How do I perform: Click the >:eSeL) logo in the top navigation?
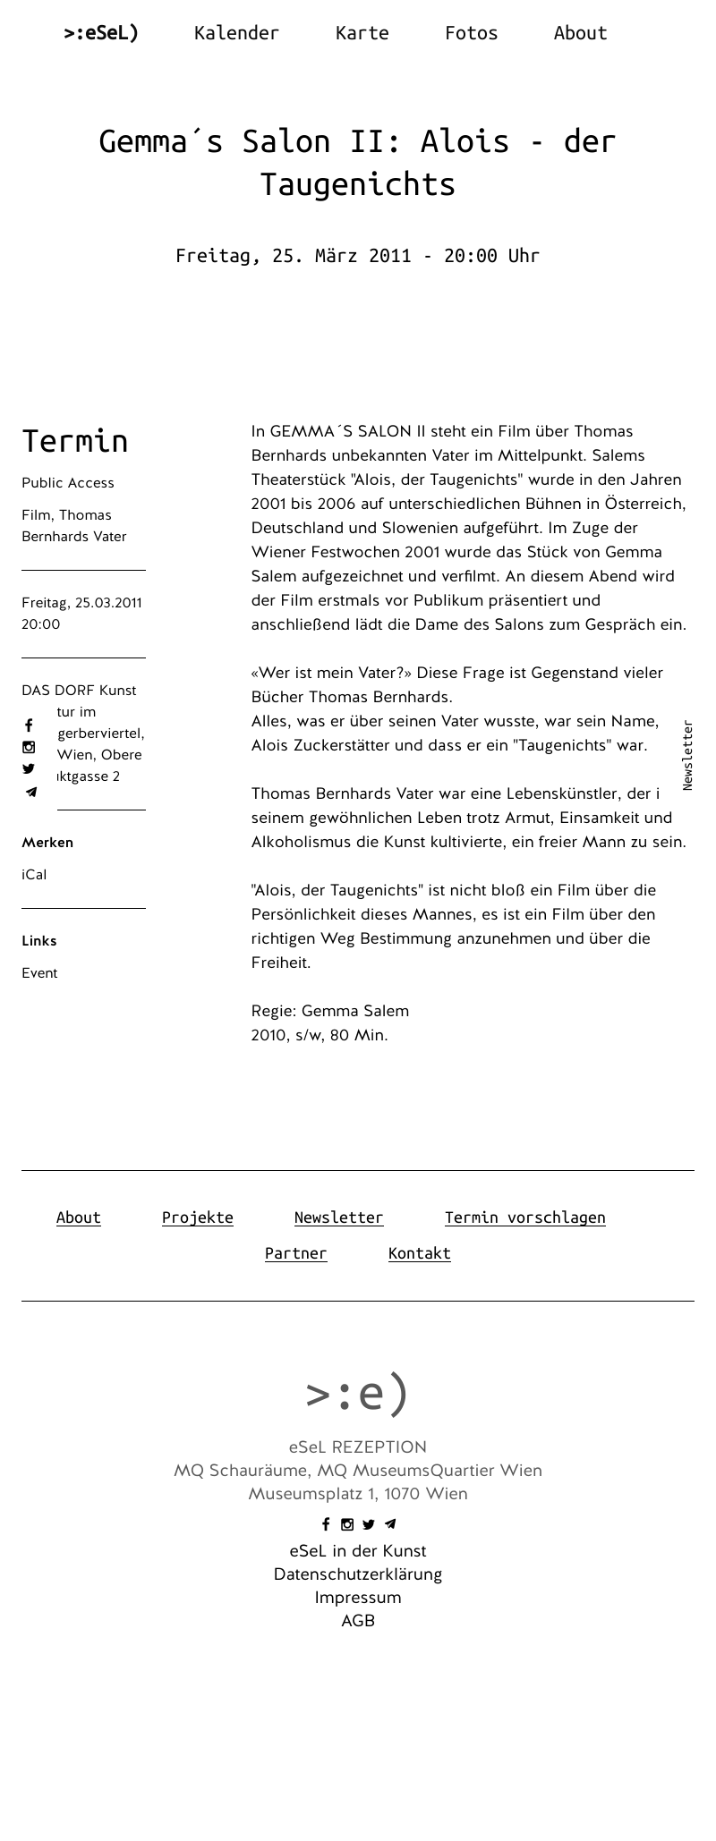(x=101, y=33)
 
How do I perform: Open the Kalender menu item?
(x=236, y=33)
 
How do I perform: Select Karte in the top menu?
(x=362, y=33)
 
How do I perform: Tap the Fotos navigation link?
(x=471, y=33)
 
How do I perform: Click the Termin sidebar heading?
(x=75, y=441)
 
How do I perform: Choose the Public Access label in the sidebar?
(x=68, y=483)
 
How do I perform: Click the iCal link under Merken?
(x=34, y=875)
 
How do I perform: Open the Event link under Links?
(x=39, y=973)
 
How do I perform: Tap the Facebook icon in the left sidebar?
(x=29, y=725)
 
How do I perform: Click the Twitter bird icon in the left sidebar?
(x=29, y=768)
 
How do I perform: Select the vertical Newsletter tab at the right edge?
(x=687, y=755)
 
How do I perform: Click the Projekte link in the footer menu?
(x=197, y=1217)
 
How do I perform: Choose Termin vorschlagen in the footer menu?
(x=524, y=1217)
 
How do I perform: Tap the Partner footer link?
(x=295, y=1253)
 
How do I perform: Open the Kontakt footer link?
(x=419, y=1253)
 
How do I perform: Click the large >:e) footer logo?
(x=357, y=1394)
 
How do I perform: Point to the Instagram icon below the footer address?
(x=347, y=1524)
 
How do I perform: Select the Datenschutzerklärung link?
(x=358, y=1574)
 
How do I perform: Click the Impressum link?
(x=358, y=1598)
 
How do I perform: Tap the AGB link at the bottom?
(x=358, y=1621)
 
